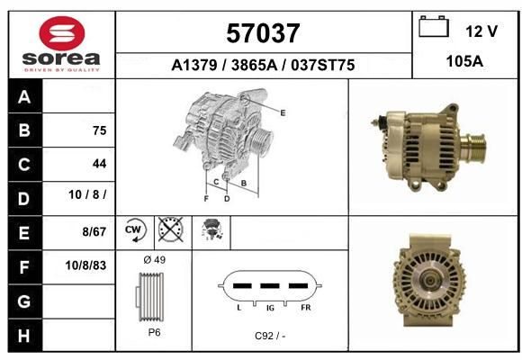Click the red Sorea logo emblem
tap(62, 33)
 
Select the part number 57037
tap(263, 33)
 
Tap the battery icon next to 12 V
tap(434, 26)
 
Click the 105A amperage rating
tap(464, 61)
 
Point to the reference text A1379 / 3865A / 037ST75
tap(263, 65)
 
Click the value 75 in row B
tap(100, 130)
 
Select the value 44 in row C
tap(100, 164)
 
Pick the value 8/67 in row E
tap(94, 231)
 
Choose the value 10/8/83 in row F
tap(85, 265)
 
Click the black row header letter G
tap(24, 301)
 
